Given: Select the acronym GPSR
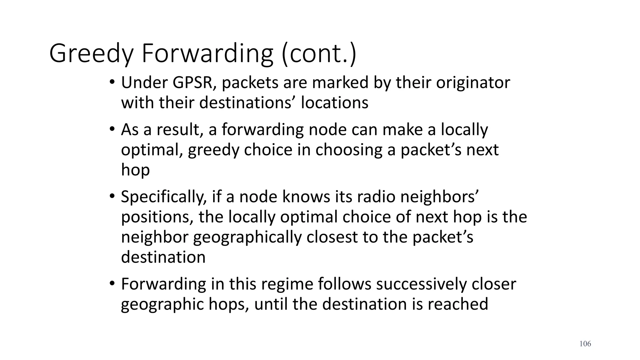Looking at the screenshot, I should tap(194, 83).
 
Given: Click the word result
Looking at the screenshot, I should tap(178, 130).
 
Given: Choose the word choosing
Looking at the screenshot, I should tap(349, 150).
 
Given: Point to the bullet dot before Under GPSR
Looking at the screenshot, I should tap(112, 83).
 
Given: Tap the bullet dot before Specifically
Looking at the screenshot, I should tap(112, 197).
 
